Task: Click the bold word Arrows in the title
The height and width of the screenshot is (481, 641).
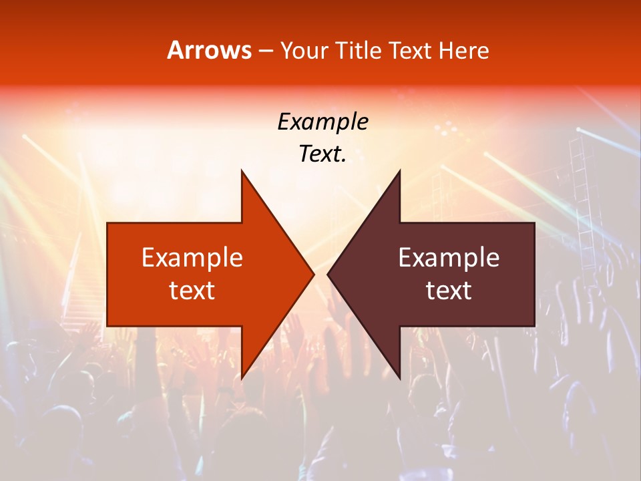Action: point(210,50)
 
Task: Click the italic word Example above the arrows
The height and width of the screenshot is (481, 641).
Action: point(323,122)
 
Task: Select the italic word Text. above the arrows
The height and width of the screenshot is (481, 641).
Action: point(323,154)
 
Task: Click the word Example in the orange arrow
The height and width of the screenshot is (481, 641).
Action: point(192,258)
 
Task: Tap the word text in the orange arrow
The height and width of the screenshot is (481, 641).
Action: point(192,291)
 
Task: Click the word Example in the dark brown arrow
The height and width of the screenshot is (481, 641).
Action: point(449,258)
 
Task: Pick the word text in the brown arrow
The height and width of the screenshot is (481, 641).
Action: point(449,291)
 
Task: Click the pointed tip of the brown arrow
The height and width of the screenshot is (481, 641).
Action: point(329,274)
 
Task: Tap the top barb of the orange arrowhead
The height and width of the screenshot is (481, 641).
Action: point(243,175)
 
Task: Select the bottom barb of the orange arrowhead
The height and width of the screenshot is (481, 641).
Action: point(243,374)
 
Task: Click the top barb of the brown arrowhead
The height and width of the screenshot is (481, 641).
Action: point(398,175)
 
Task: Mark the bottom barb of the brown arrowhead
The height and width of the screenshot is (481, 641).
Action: point(398,374)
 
